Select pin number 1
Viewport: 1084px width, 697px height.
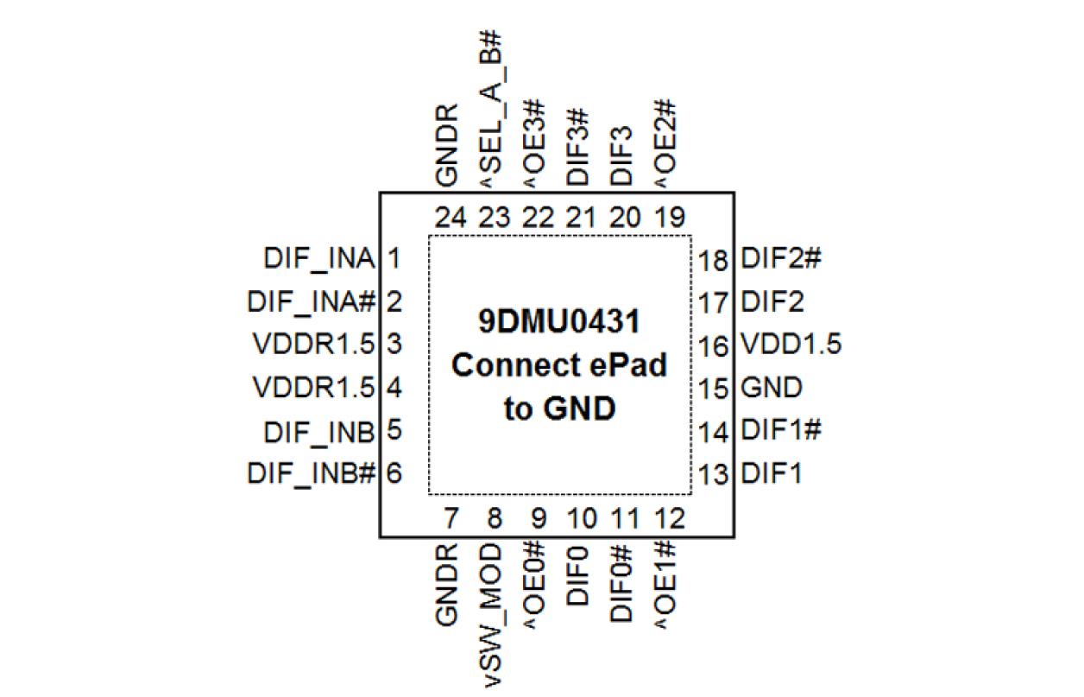394,258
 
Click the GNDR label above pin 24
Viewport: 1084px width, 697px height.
449,145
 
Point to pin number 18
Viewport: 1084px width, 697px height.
715,260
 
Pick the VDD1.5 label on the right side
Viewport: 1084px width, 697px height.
791,345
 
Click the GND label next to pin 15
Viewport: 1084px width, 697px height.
772,388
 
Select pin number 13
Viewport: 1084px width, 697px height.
715,474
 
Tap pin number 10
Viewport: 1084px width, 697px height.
582,518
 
